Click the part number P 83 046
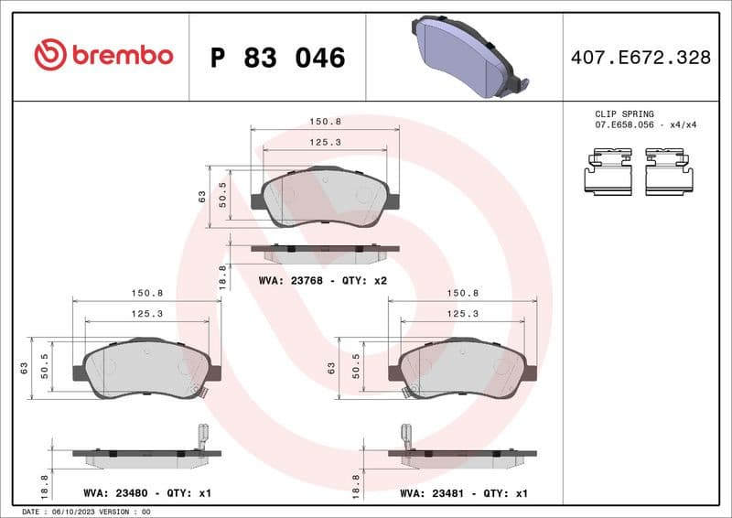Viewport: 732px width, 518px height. click(x=277, y=58)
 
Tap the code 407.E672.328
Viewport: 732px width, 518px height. click(x=640, y=58)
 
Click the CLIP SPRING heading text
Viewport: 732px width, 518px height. click(x=624, y=113)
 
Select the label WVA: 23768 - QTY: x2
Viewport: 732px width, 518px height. click(x=323, y=280)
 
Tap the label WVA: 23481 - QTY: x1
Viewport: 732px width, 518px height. click(x=463, y=493)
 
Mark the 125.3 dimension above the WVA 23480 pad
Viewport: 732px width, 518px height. click(x=146, y=313)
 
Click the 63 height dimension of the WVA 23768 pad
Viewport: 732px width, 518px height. click(x=201, y=195)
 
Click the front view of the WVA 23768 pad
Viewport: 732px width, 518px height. click(x=325, y=198)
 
